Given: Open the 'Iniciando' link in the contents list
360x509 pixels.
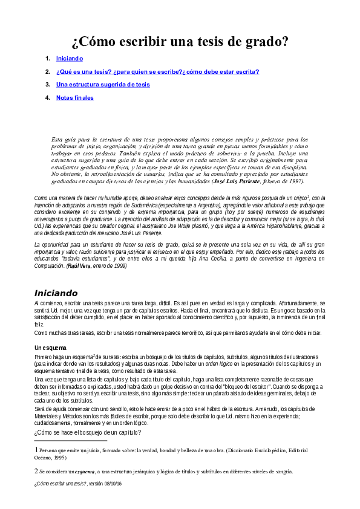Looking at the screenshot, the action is coord(69,59).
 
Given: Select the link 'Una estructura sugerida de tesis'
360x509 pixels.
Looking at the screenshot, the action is coord(103,85).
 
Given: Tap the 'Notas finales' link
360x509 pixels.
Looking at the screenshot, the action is coord(75,97).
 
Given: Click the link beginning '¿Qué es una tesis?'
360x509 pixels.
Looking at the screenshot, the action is coord(157,71).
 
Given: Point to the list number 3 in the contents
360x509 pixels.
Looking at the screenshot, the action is coord(48,85).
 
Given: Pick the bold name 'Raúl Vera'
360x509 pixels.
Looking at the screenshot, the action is coord(79,265).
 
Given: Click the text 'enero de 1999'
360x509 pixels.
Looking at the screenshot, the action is coord(110,265).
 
